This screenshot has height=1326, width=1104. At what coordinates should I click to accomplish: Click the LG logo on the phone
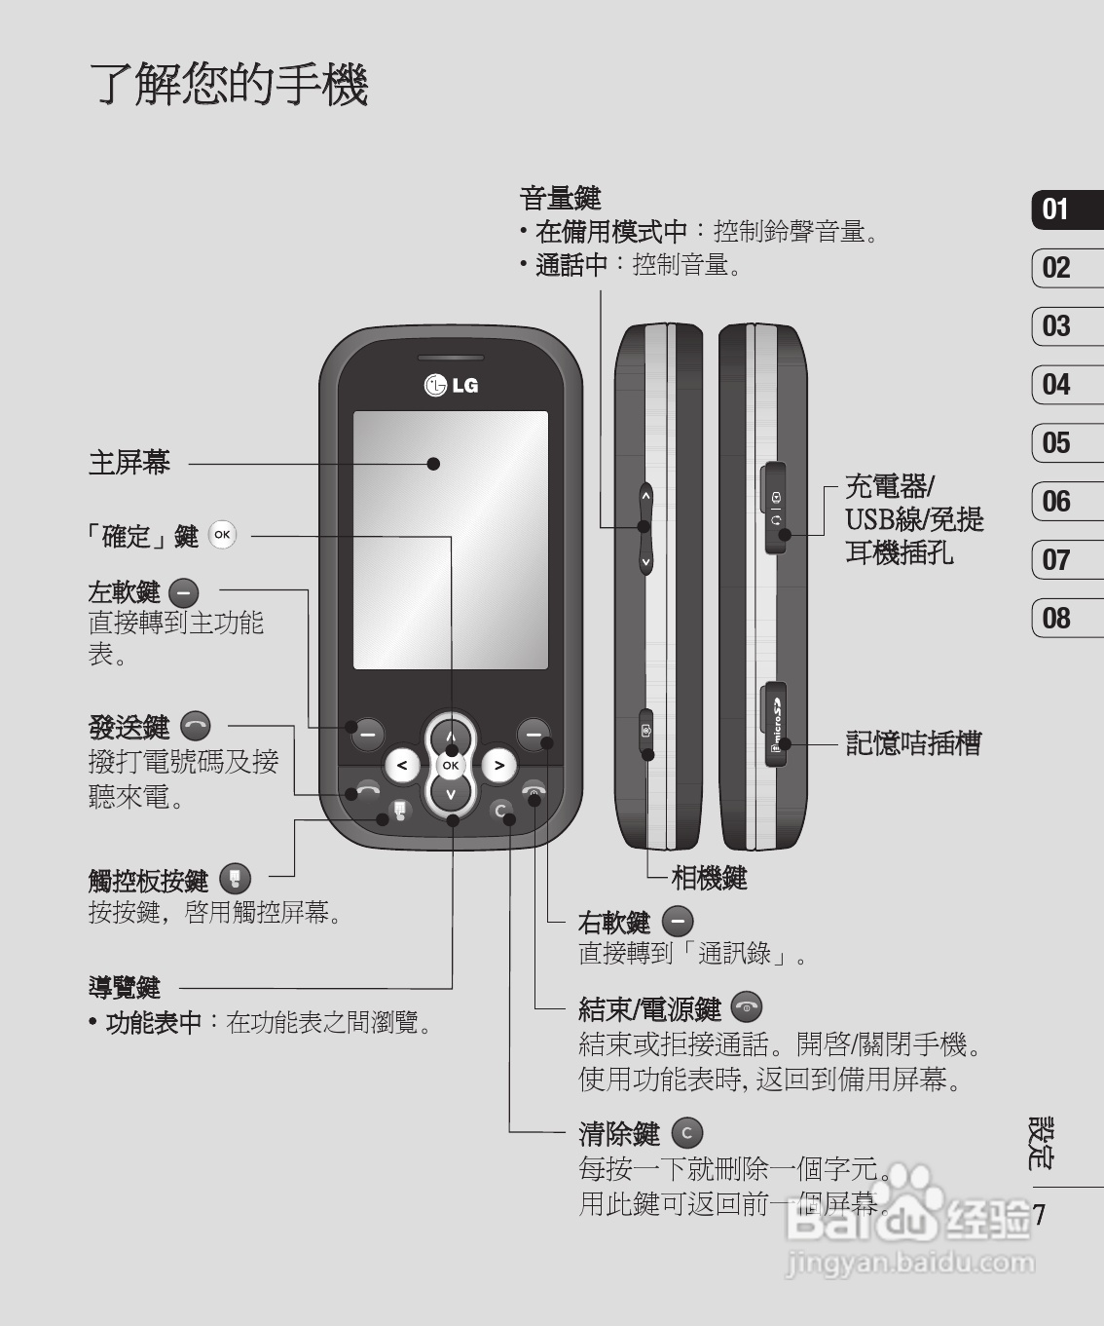click(451, 385)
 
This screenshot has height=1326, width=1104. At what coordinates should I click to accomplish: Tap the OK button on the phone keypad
click(450, 765)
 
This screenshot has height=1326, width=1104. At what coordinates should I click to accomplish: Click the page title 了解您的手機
click(230, 84)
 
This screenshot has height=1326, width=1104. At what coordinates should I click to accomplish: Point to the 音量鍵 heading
click(561, 199)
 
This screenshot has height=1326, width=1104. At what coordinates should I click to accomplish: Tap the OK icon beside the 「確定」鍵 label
click(222, 535)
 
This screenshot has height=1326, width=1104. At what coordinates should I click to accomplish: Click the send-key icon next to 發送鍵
click(195, 726)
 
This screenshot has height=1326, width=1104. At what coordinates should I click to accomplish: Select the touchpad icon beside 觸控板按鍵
click(235, 879)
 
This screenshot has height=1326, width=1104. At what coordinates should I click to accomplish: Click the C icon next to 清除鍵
click(687, 1133)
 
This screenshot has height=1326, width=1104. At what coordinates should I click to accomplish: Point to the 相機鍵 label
click(709, 878)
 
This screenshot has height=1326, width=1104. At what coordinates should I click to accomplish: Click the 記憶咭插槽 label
click(913, 743)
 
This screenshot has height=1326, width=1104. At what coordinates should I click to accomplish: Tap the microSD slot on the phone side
click(776, 725)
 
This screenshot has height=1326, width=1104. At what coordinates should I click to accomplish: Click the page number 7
click(1039, 1215)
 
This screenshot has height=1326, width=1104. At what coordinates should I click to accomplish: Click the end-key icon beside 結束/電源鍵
click(746, 1007)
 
